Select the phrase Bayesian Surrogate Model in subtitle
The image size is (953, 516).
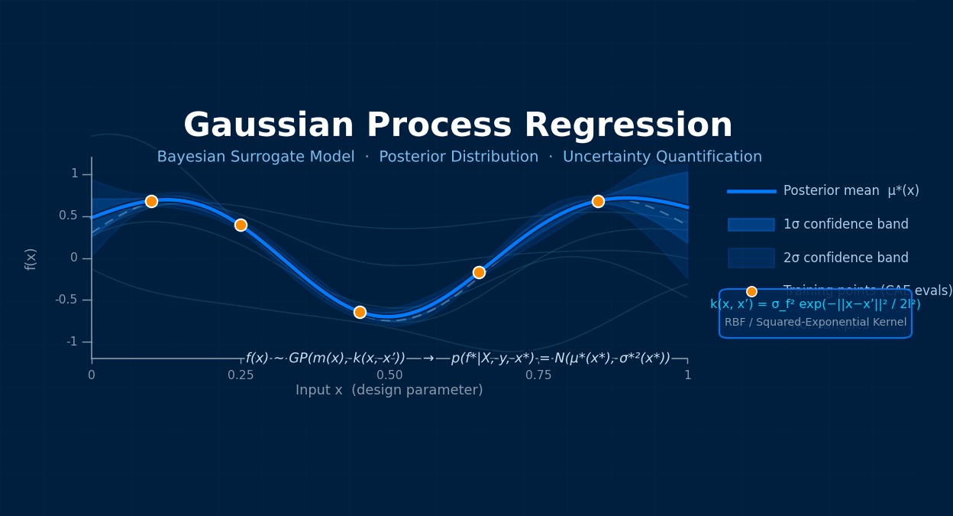[x=255, y=157]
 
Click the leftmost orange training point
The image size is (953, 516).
[x=151, y=201]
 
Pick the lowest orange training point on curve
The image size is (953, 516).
[x=360, y=312]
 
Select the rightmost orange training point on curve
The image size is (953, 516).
[x=598, y=201]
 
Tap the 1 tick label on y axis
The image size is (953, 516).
[x=74, y=174]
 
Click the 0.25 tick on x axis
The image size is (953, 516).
[x=241, y=375]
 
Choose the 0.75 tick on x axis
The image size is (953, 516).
[x=538, y=375]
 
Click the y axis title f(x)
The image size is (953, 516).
[x=31, y=258]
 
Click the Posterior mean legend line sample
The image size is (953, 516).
[x=751, y=191]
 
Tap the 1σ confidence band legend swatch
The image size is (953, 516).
[x=751, y=225]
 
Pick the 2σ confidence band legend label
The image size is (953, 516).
[x=845, y=258]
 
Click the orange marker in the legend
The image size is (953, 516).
[x=751, y=291]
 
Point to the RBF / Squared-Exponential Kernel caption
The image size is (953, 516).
[x=815, y=323]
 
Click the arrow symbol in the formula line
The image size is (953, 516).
[x=428, y=359]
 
